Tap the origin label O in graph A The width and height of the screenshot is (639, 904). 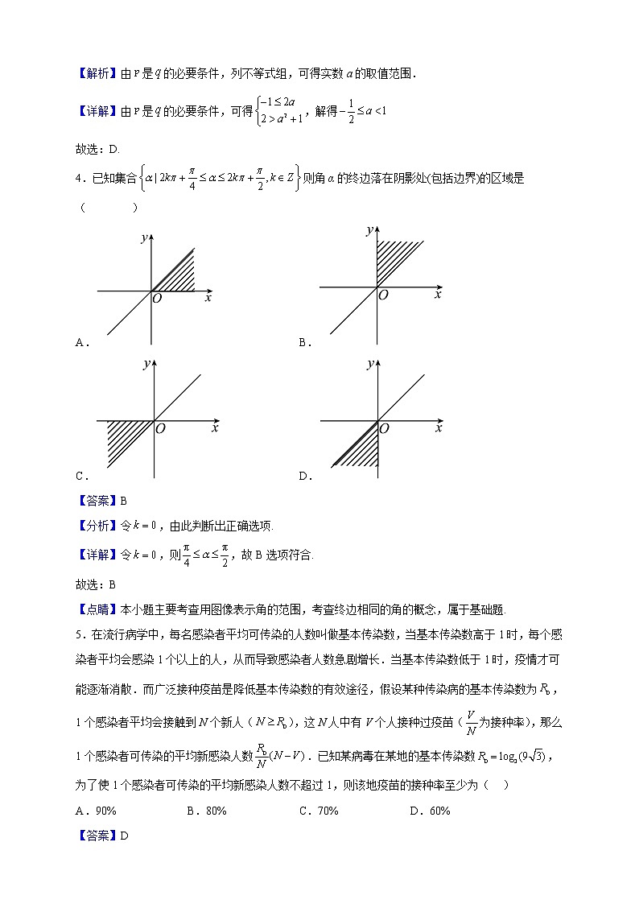(x=158, y=299)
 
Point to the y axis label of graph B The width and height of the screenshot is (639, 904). (x=369, y=230)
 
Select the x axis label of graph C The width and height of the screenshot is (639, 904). (x=215, y=428)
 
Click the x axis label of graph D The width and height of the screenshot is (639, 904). (x=438, y=428)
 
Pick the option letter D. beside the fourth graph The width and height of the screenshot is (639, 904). (x=305, y=476)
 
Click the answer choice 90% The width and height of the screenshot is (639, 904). (x=96, y=811)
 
